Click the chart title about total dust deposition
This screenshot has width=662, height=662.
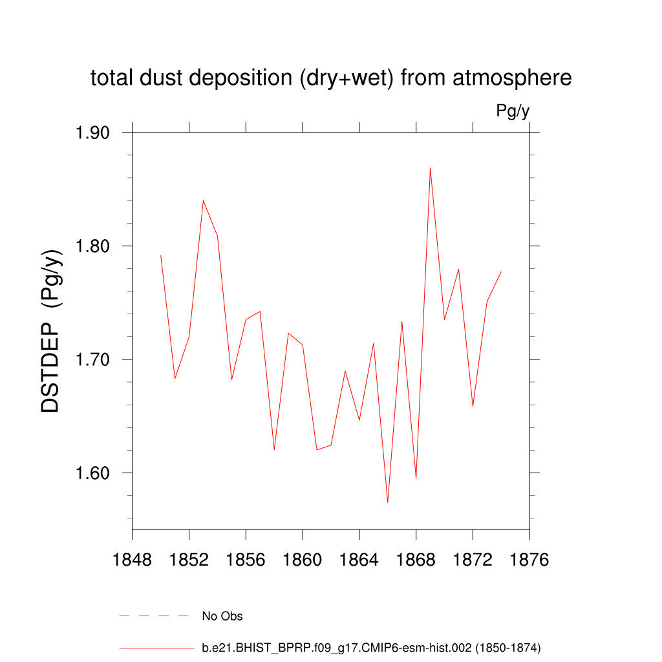pos(331,78)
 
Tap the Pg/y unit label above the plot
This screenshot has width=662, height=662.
pos(513,111)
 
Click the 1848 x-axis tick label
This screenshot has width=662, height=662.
pos(133,560)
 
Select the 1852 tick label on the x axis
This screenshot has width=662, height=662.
pos(189,560)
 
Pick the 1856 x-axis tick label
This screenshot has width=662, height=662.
pos(246,560)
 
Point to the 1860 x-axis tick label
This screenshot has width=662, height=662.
pos(303,560)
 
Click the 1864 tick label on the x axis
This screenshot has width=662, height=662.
pos(359,560)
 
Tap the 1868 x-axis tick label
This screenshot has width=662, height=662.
pos(416,560)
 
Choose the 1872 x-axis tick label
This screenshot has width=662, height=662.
pos(473,560)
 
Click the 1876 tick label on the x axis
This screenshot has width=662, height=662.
pos(529,560)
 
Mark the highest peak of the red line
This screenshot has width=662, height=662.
pos(430,169)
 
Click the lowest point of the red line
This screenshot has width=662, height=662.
pos(387,502)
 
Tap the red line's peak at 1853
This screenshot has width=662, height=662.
pos(203,200)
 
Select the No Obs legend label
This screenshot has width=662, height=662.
pos(222,616)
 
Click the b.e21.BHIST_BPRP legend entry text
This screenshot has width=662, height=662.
pos(372,647)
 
